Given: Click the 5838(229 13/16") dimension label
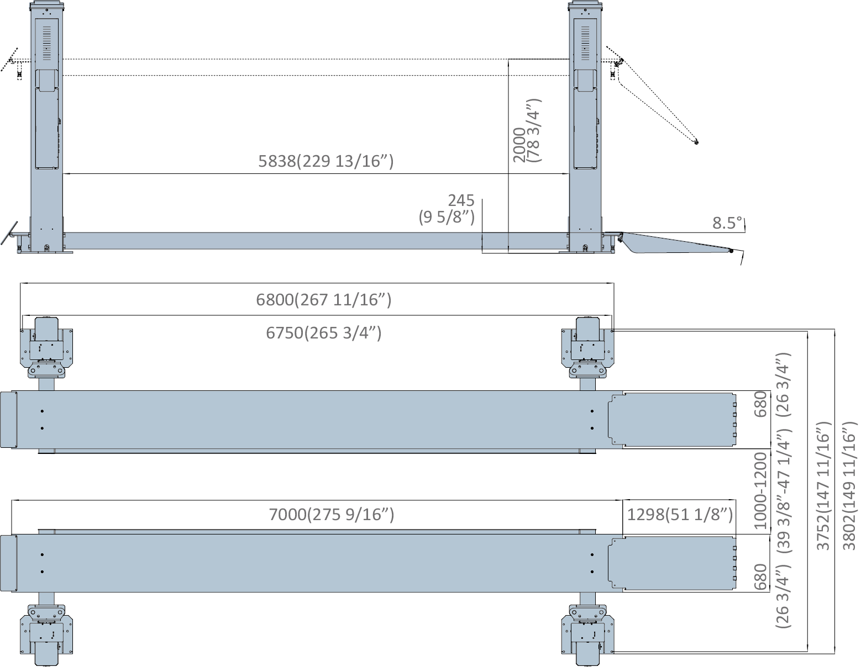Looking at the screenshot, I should pyautogui.click(x=326, y=161).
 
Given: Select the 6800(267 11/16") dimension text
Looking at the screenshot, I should pyautogui.click(x=324, y=300).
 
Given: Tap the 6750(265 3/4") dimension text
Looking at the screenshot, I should pyautogui.click(x=324, y=333).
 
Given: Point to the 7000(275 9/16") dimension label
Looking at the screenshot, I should pyautogui.click(x=331, y=515).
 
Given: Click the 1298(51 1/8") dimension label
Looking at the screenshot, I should pyautogui.click(x=680, y=515).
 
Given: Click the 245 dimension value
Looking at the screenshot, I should pyautogui.click(x=461, y=200).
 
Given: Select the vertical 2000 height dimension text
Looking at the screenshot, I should pyautogui.click(x=520, y=145).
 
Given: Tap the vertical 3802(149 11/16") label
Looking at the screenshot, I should pyautogui.click(x=848, y=486).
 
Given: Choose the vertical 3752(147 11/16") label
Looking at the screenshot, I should pyautogui.click(x=824, y=486).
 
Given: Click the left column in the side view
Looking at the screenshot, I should pyautogui.click(x=47, y=127).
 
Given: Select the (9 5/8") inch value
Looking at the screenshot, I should pyautogui.click(x=447, y=218).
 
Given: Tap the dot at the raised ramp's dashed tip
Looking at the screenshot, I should pyautogui.click(x=696, y=142).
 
